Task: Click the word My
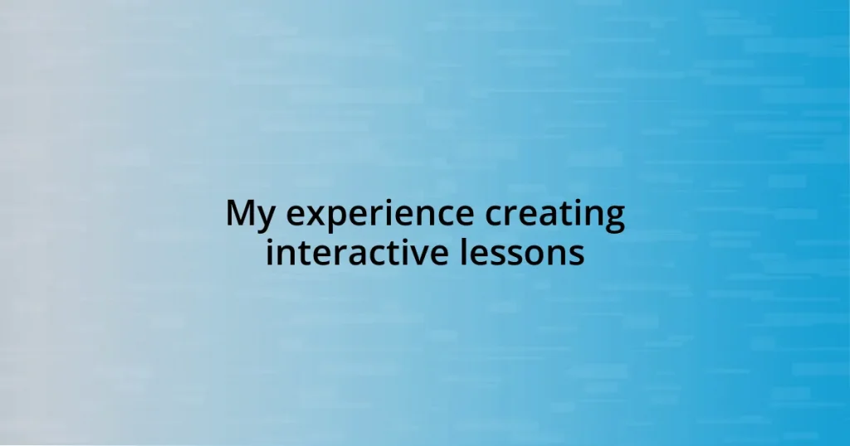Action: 252,215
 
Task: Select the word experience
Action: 381,216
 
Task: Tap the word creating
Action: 555,216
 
